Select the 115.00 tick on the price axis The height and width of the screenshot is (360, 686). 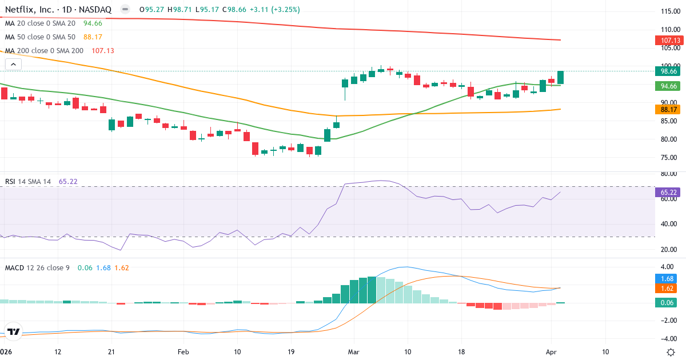(x=668, y=11)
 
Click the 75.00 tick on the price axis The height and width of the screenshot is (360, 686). (x=668, y=158)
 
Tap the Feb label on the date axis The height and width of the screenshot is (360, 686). (x=183, y=351)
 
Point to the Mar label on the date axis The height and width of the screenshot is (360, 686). (x=354, y=351)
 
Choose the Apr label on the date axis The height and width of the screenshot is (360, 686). (x=551, y=351)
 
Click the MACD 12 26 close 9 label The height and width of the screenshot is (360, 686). (x=37, y=267)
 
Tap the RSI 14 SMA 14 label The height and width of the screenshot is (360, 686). (x=28, y=181)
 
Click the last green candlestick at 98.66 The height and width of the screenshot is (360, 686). (x=561, y=78)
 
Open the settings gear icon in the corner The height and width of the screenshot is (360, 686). (x=673, y=351)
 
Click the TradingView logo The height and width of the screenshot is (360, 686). (x=14, y=331)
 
